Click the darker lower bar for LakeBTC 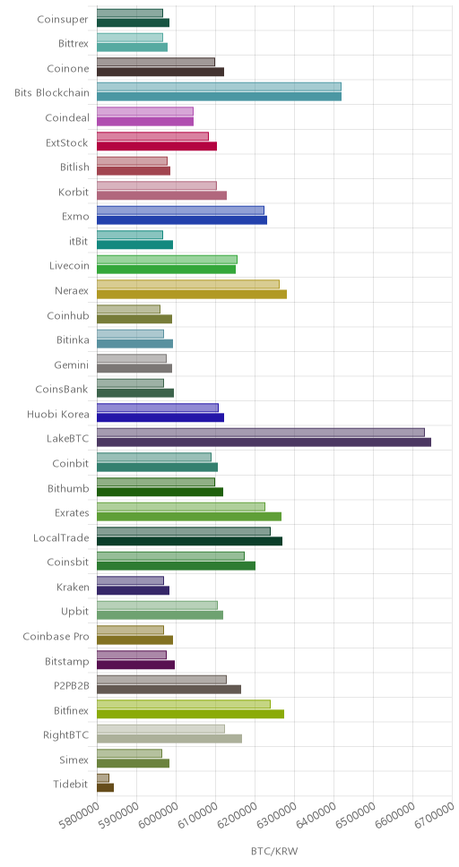(x=264, y=442)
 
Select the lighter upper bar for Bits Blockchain (x=219, y=87)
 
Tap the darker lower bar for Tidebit (x=105, y=787)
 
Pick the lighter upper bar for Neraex (x=188, y=284)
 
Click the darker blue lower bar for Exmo (x=182, y=220)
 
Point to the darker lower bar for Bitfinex (x=190, y=713)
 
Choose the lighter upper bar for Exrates (x=181, y=506)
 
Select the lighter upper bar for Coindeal (x=145, y=112)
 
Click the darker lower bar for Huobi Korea (x=160, y=417)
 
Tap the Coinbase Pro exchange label (x=56, y=637)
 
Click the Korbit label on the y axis (x=74, y=193)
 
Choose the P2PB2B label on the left (x=69, y=686)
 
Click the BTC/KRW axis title (x=274, y=850)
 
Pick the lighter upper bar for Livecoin (x=168, y=260)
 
